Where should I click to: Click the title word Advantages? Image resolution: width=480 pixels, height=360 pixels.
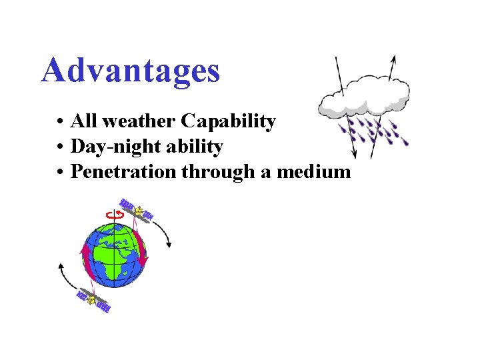(x=130, y=70)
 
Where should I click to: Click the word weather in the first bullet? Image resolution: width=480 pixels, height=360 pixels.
(x=138, y=121)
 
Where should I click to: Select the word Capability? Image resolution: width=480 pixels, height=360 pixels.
(x=229, y=121)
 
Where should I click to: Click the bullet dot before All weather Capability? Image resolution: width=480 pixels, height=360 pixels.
(x=60, y=122)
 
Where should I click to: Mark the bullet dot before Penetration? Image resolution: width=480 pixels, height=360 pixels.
(x=60, y=172)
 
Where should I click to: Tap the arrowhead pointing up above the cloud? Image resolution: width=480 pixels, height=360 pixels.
(x=392, y=59)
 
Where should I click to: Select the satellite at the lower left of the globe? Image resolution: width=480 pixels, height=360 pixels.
(x=93, y=301)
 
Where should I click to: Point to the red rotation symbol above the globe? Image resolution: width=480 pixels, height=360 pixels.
(x=111, y=214)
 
